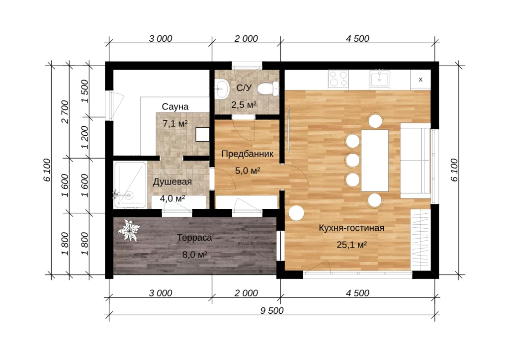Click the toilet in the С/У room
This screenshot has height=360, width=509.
pyautogui.click(x=268, y=89)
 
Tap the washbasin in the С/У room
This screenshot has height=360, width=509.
pyautogui.click(x=222, y=89)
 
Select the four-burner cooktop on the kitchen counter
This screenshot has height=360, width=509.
pyautogui.click(x=338, y=79)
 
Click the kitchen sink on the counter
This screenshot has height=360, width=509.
pyautogui.click(x=379, y=79)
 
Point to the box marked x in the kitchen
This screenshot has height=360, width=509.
pyautogui.click(x=421, y=80)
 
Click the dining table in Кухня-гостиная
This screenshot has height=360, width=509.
pyautogui.click(x=375, y=161)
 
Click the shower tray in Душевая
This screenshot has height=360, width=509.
pyautogui.click(x=130, y=184)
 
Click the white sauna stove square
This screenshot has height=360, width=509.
pyautogui.click(x=202, y=134)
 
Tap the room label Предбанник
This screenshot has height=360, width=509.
pyautogui.click(x=248, y=154)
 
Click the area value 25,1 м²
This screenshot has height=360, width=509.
pyautogui.click(x=351, y=245)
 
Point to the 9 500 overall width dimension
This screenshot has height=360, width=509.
pyautogui.click(x=272, y=310)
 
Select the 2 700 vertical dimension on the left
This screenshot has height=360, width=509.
pyautogui.click(x=65, y=112)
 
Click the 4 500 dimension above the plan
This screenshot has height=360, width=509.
pyautogui.click(x=357, y=38)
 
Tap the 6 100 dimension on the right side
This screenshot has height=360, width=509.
pyautogui.click(x=454, y=170)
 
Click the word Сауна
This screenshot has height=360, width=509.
pyautogui.click(x=175, y=106)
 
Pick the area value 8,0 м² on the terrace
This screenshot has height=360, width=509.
pyautogui.click(x=195, y=255)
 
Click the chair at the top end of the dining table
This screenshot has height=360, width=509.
pyautogui.click(x=375, y=121)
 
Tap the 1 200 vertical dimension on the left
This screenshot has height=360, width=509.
pyautogui.click(x=85, y=137)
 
